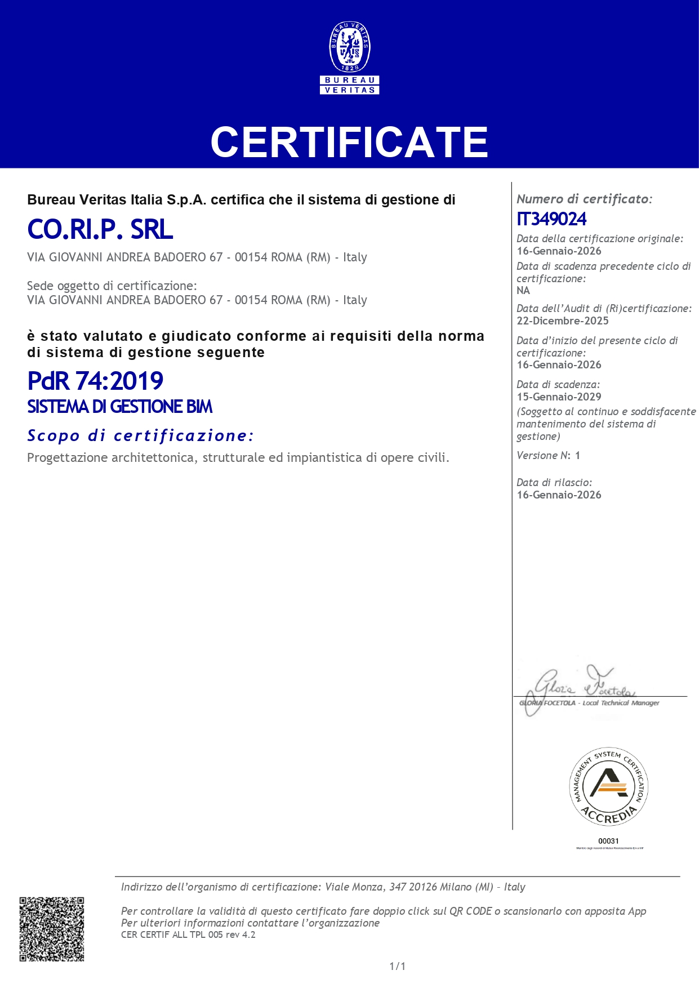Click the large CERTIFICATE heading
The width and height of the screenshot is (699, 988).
point(349,142)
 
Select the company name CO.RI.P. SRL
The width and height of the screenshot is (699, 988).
point(100,229)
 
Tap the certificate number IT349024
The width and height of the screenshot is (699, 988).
point(551,219)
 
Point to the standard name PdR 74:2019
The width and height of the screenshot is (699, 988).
point(95,381)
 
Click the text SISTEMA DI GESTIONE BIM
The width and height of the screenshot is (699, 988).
point(120,407)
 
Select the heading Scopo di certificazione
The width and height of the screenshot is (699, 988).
point(140,435)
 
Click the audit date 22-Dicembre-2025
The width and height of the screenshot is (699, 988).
point(563,321)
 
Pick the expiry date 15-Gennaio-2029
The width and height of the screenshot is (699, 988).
point(559,397)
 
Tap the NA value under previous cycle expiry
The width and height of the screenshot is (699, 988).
point(523,291)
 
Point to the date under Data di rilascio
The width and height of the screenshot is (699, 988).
point(559,495)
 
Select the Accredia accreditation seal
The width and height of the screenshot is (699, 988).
point(608,787)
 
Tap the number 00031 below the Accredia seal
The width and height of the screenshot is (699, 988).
point(608,841)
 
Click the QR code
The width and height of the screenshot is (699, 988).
point(52,929)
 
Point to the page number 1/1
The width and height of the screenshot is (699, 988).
point(397,966)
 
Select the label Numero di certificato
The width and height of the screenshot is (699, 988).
point(584,199)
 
